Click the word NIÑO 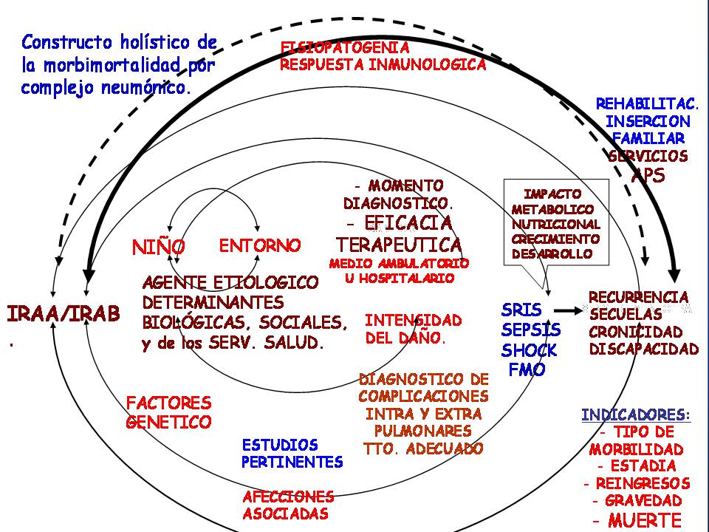click(159, 248)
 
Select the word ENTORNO click(261, 245)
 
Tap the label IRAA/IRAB click(64, 314)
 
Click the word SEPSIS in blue click(531, 330)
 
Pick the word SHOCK click(530, 349)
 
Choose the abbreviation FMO click(527, 369)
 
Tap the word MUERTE click(645, 519)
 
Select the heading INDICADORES click(636, 415)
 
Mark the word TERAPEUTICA click(399, 245)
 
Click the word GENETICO click(169, 422)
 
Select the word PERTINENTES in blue click(292, 463)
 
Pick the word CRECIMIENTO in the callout click(555, 239)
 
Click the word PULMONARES click(423, 431)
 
